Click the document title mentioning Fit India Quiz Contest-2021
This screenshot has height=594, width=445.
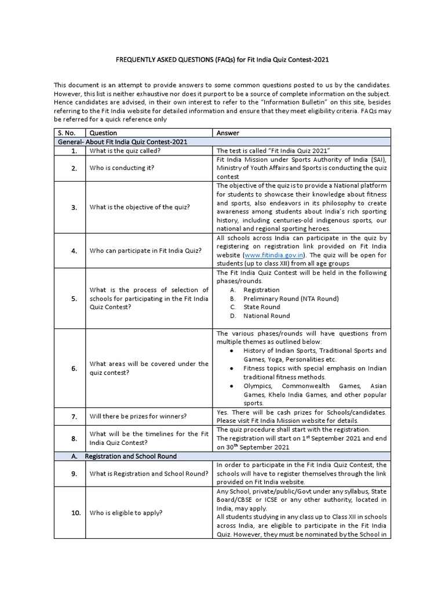pos(222,59)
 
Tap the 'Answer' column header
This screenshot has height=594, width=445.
pos(228,133)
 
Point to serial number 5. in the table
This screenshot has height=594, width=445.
pos(74,299)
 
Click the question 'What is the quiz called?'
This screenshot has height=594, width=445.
pos(125,151)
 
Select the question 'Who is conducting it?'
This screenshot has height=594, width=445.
pos(121,168)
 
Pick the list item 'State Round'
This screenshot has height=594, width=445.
pos(261,307)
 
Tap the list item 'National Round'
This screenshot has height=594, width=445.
pos(267,316)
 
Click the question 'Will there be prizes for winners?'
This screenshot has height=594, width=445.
pos(137,416)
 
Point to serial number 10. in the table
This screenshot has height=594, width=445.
pos(74,513)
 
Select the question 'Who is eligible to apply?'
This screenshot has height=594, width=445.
pos(126,513)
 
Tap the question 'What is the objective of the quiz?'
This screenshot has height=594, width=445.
pos(140,207)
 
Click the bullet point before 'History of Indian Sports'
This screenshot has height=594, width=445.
pos(232,351)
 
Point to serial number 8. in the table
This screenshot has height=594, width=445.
pos(74,439)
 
